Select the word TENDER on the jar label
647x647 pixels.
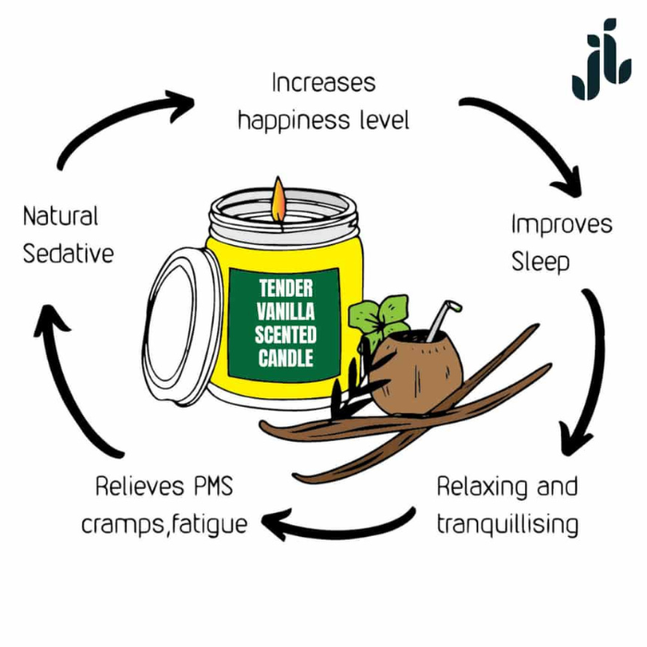tap(286, 288)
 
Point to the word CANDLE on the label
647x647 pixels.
tap(286, 357)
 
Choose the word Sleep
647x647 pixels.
tap(541, 262)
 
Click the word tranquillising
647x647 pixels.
tap(507, 525)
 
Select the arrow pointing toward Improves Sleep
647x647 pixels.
tap(536, 139)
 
